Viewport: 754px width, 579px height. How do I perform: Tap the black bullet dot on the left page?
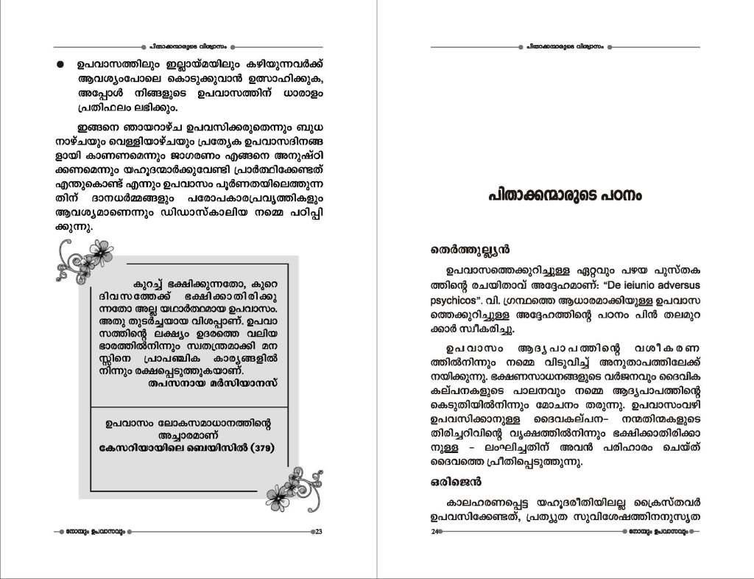tap(60, 65)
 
